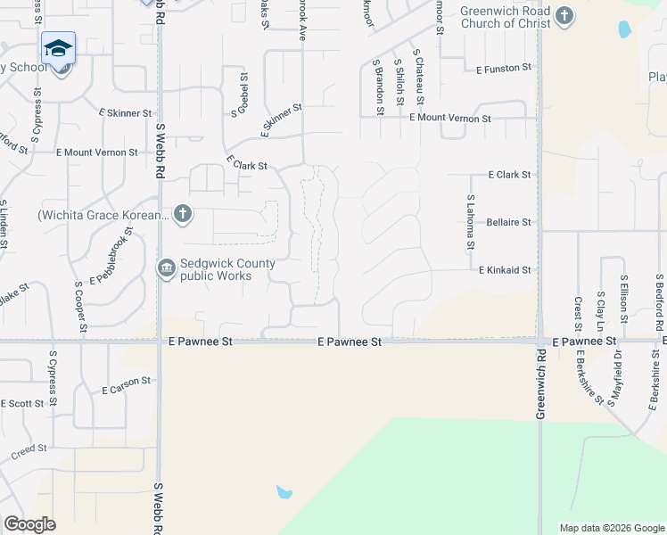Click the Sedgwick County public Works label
[x=227, y=269]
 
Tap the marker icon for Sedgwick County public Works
[x=167, y=268]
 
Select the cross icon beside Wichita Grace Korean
[x=183, y=213]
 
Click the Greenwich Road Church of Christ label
[x=505, y=17]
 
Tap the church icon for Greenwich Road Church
[x=564, y=16]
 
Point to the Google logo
[x=30, y=524]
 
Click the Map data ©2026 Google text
[x=612, y=528]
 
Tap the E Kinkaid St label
[x=505, y=270]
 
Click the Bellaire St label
[x=509, y=222]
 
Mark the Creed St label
[x=28, y=452]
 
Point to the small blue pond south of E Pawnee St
[x=284, y=492]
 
